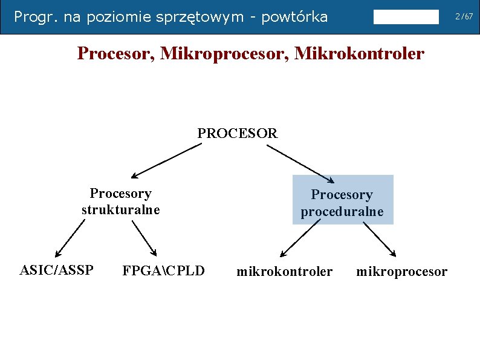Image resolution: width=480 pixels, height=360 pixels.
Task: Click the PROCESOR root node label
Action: [238, 133]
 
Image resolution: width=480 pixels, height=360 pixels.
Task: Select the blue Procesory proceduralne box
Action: [342, 200]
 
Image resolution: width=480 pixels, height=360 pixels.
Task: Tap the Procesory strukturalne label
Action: [120, 201]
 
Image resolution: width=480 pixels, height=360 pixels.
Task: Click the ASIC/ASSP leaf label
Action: [56, 270]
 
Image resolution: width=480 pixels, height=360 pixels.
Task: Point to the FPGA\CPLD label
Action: [163, 270]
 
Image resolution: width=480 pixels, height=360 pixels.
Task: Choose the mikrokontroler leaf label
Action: [284, 272]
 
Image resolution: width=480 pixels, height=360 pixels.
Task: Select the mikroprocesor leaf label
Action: [402, 272]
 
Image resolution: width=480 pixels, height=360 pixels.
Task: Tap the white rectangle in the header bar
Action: [406, 17]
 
